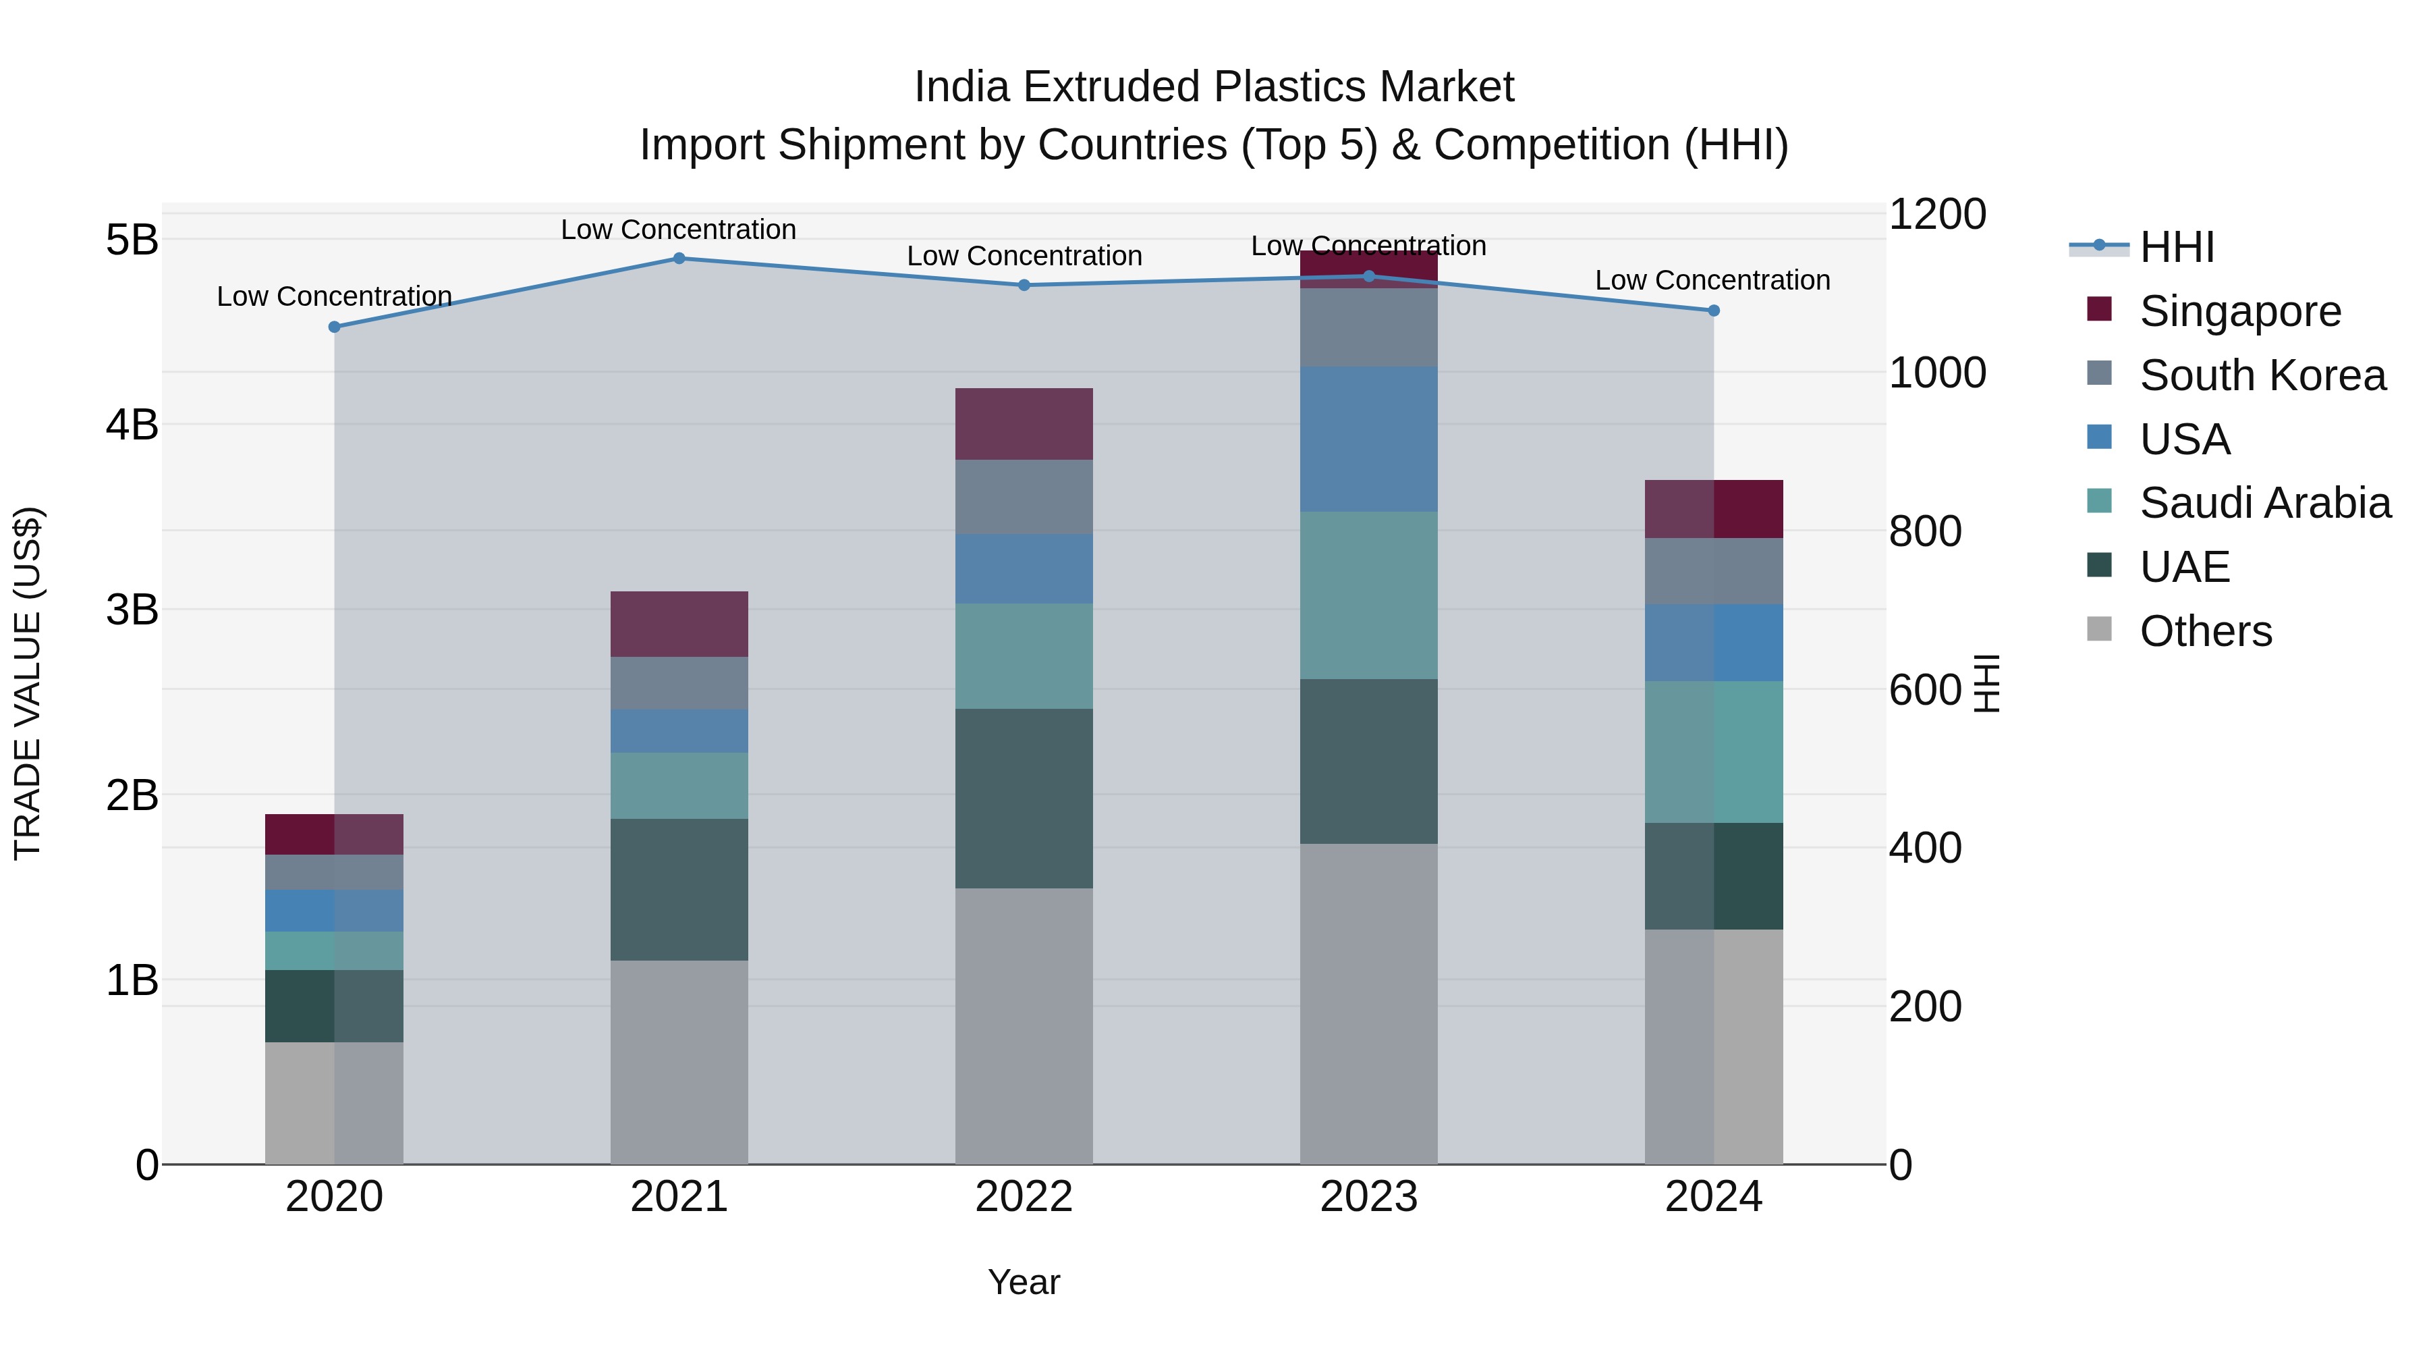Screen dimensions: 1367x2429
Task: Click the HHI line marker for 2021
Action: (x=679, y=259)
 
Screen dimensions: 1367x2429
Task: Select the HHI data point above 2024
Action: (x=1713, y=311)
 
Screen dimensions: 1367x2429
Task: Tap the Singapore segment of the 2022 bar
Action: (x=1024, y=423)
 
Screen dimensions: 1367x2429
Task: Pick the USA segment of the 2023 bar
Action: (x=1368, y=439)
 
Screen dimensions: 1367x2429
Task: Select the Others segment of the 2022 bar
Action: (x=1024, y=1025)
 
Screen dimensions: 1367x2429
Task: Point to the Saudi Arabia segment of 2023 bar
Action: (x=1368, y=595)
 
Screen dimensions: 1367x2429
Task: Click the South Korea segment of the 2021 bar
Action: (x=679, y=683)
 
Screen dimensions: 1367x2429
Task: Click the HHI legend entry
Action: (x=2176, y=247)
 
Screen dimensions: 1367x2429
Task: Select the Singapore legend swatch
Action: (x=2099, y=309)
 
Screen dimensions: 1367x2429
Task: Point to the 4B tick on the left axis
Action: (x=133, y=425)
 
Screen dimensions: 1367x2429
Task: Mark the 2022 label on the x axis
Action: (x=1024, y=1197)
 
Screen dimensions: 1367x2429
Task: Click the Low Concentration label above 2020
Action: (x=334, y=296)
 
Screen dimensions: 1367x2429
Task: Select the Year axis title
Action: (x=1024, y=1282)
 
